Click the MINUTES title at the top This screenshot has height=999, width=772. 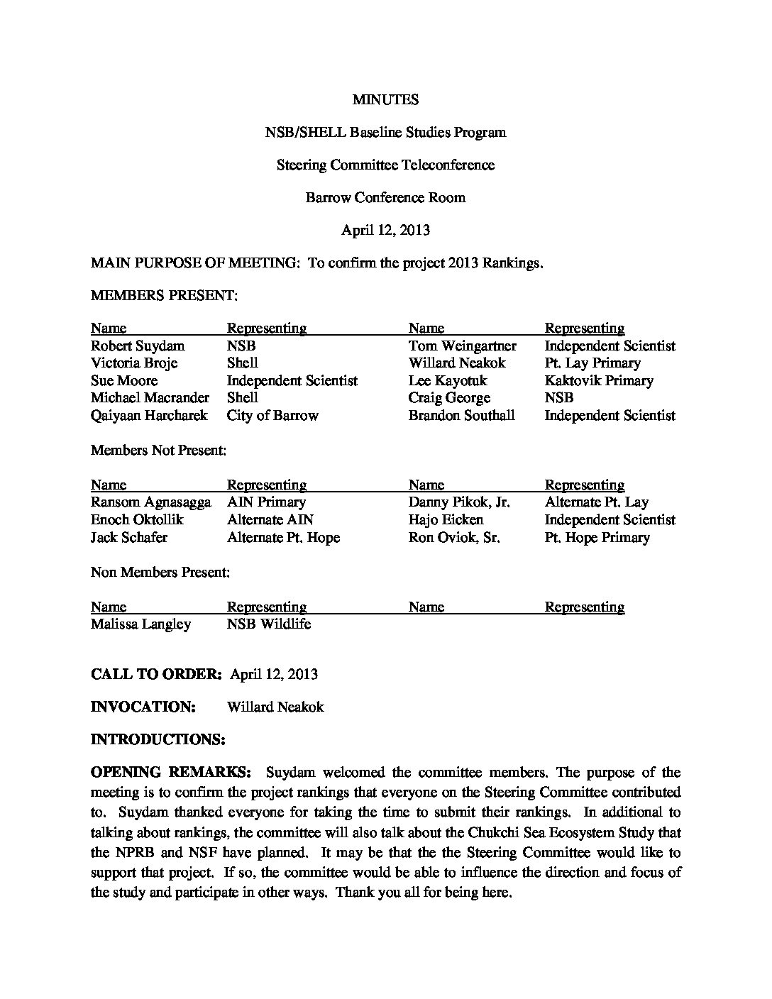[385, 99]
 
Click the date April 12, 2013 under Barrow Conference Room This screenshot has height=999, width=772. [385, 230]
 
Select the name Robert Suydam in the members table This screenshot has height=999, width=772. [138, 346]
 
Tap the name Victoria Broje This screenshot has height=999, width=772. [134, 363]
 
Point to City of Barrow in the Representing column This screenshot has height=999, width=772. [272, 416]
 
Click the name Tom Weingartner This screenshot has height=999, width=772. [462, 346]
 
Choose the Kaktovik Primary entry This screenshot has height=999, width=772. [598, 381]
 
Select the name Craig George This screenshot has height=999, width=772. [449, 398]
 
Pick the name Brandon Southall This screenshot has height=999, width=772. [461, 416]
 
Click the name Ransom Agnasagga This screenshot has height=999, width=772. [150, 502]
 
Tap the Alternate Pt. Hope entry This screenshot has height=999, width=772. [283, 538]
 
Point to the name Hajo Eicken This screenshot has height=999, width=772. [446, 520]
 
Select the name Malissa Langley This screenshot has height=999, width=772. [140, 624]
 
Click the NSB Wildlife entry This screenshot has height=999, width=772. [269, 624]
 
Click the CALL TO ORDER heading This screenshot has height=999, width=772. [157, 674]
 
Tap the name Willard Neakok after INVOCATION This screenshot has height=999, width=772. [275, 707]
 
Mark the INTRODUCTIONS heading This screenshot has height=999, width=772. [158, 739]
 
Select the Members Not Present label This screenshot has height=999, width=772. [158, 450]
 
